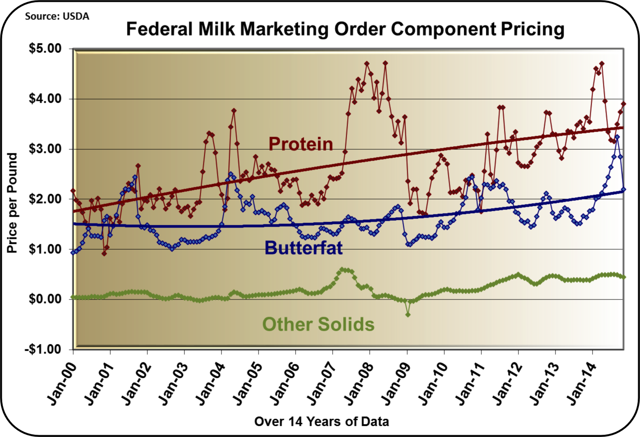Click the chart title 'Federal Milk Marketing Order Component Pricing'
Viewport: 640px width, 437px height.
point(345,29)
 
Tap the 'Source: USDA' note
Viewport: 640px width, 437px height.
point(57,16)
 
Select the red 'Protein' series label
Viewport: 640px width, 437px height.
point(301,144)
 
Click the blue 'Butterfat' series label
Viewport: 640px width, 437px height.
point(303,248)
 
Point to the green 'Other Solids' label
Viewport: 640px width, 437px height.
point(318,324)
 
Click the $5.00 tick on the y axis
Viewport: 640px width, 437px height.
point(45,48)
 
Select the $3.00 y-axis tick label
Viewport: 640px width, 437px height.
point(45,149)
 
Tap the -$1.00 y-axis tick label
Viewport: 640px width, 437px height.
point(44,349)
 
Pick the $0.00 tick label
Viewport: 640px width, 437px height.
point(45,299)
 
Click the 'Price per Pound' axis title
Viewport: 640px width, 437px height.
point(12,203)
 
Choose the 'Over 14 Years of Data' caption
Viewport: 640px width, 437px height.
point(321,422)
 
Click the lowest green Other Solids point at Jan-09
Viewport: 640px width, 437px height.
point(408,314)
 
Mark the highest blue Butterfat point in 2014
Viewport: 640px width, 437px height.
point(617,137)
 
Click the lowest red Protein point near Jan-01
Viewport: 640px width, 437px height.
point(104,253)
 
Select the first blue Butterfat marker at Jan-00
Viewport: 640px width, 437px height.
point(73,252)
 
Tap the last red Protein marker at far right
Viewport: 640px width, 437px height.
point(624,104)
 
